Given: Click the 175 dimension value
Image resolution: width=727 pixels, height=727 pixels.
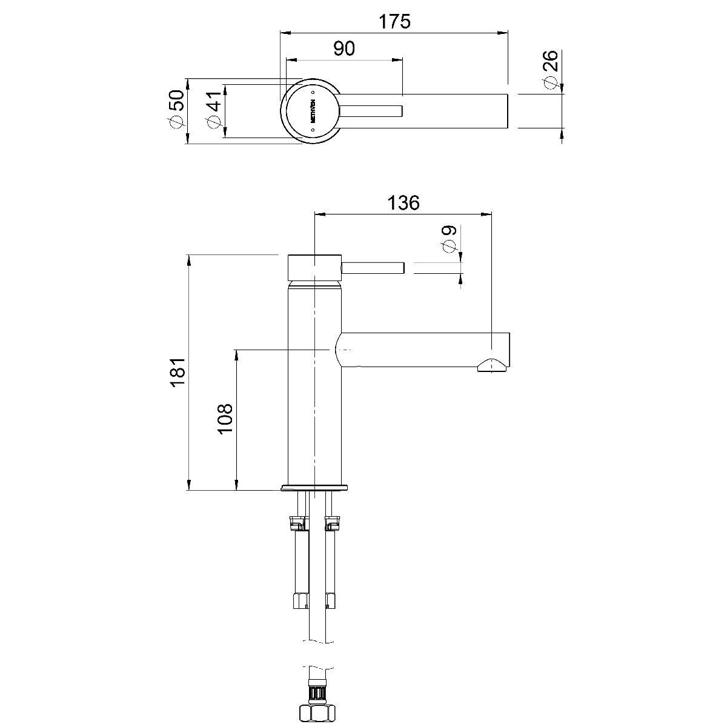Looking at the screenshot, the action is (394, 21).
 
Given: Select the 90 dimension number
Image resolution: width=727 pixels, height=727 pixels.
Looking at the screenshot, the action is (344, 48).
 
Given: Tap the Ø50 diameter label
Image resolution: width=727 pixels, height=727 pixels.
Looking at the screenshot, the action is (176, 109).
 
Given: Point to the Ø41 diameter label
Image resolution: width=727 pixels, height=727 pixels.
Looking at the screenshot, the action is (213, 110).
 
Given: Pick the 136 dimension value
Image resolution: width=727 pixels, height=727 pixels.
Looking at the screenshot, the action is (403, 202).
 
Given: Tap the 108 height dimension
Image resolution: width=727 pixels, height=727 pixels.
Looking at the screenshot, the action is (225, 419).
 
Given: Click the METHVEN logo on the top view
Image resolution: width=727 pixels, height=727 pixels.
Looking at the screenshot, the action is (313, 111).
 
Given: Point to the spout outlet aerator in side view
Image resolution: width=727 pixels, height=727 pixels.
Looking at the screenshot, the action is (492, 365).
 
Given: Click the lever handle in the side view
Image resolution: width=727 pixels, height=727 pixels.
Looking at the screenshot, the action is (373, 268).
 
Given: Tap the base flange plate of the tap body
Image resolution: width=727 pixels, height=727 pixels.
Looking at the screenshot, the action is (314, 487).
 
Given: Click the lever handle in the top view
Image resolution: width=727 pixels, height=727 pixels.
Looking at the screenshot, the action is (371, 111).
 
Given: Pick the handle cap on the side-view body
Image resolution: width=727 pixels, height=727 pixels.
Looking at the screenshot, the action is (314, 268).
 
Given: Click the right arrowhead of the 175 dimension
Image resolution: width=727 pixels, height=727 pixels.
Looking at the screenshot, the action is (503, 33).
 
